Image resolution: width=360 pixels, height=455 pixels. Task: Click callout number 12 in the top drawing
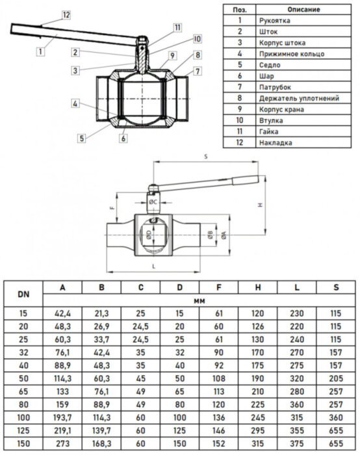(x=66, y=14)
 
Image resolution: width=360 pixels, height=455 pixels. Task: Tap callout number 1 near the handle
(x=40, y=49)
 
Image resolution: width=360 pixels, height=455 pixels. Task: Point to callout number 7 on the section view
(x=198, y=70)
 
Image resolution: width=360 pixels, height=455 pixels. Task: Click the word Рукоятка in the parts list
(x=273, y=20)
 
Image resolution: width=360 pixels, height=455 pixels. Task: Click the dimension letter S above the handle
(x=205, y=157)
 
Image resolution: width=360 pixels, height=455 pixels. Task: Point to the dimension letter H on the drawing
(x=260, y=205)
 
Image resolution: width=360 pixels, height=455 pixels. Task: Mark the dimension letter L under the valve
(x=151, y=266)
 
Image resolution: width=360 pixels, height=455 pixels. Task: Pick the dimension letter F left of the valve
(x=112, y=209)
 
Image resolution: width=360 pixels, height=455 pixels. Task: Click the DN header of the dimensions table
(x=23, y=293)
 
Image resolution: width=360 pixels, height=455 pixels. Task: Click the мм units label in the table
(x=199, y=300)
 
